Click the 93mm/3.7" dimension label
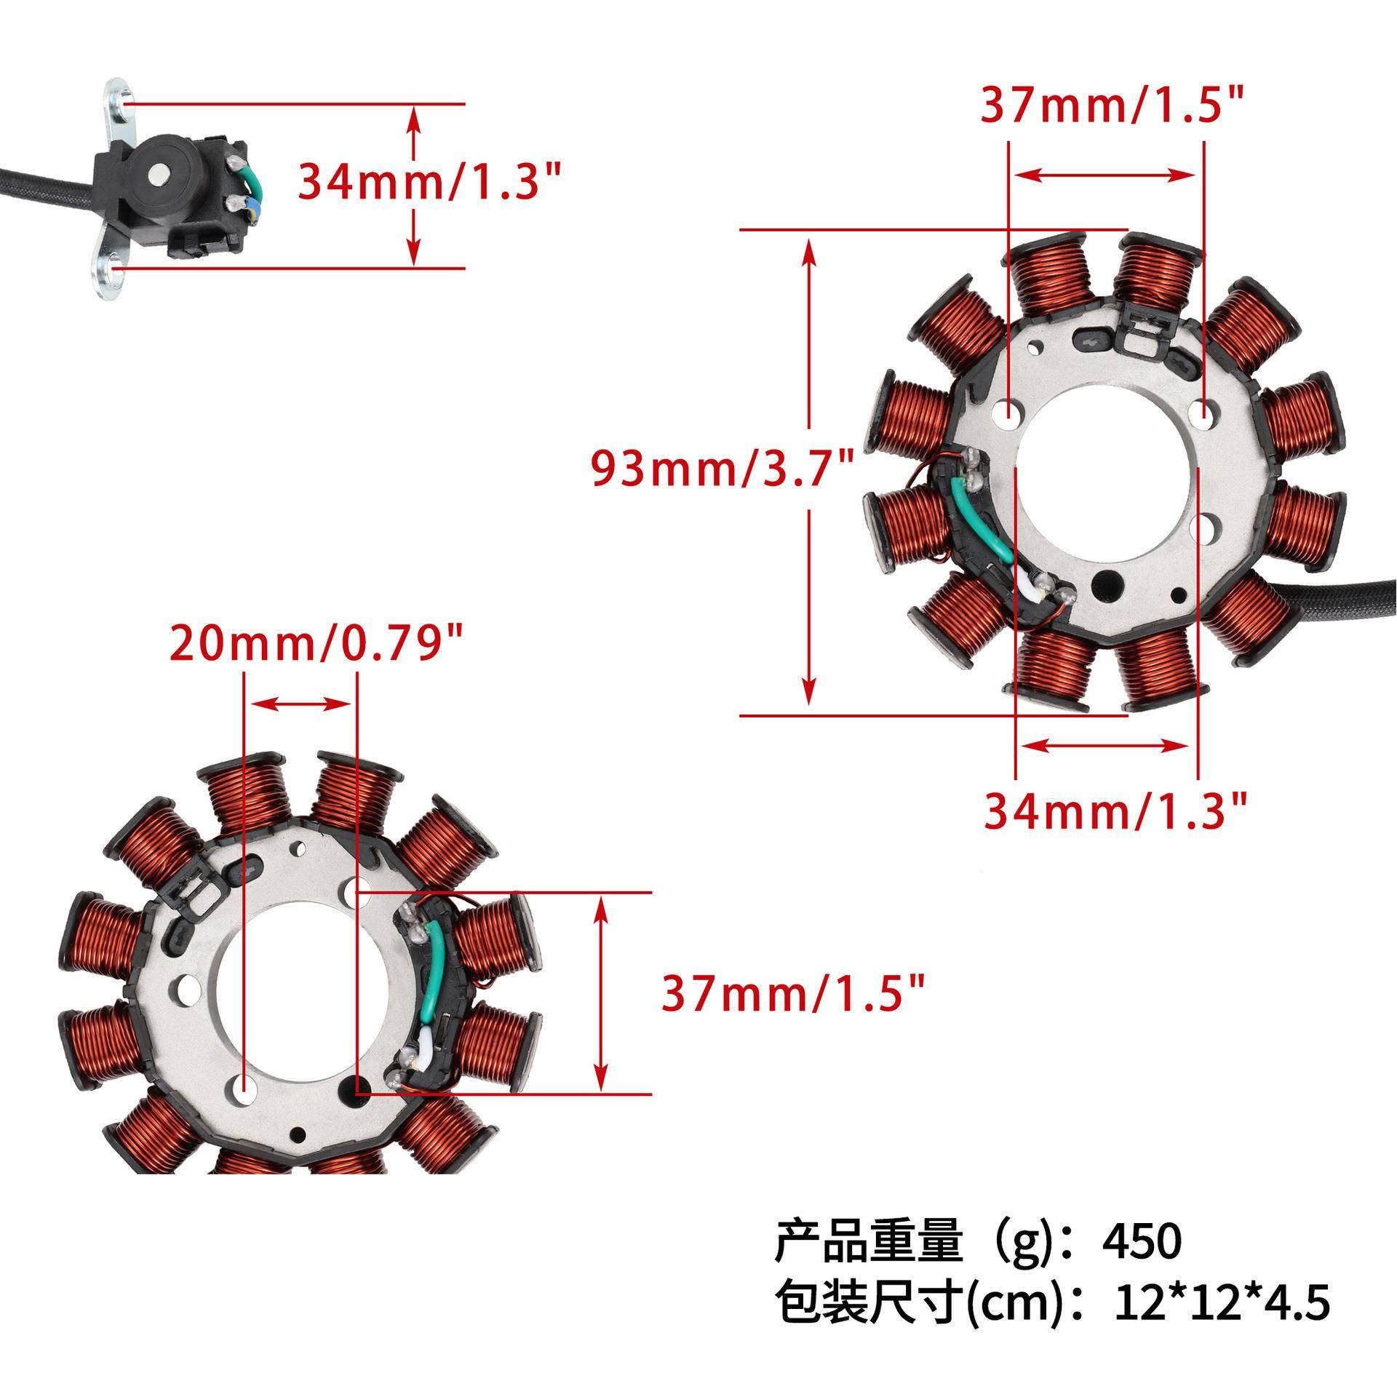point(721,469)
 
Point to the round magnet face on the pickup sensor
point(159,172)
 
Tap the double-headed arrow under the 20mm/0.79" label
point(301,704)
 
